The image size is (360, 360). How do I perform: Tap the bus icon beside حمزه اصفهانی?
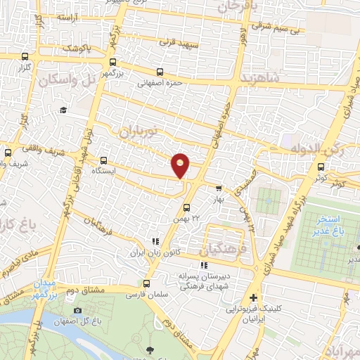tap(160, 72)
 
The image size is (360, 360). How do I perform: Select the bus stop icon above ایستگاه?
tap(104, 160)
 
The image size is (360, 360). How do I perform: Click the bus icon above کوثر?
tap(321, 167)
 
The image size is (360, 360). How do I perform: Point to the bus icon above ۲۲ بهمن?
tap(186, 207)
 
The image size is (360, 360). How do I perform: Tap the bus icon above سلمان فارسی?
tap(146, 284)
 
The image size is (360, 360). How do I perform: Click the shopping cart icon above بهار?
tap(219, 188)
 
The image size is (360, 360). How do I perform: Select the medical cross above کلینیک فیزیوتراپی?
tap(253, 298)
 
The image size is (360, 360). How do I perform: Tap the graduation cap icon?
tap(63, 110)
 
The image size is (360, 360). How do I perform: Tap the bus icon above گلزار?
tap(26, 57)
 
